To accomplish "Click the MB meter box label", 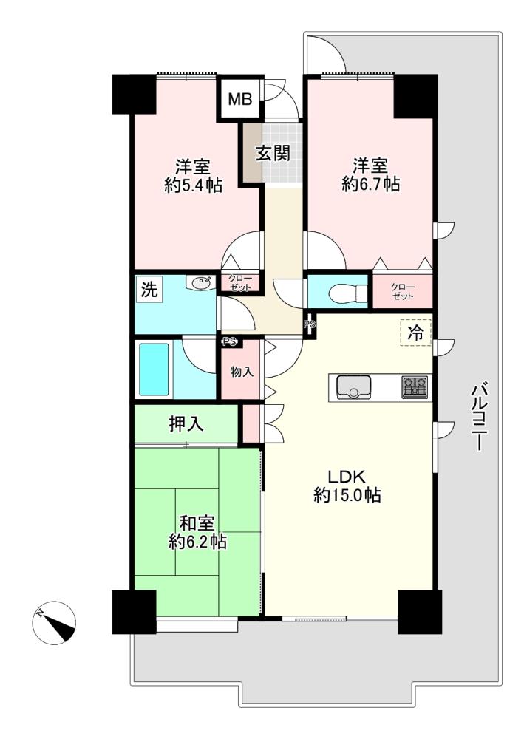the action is coord(240,99).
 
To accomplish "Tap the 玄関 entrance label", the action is coord(273,153).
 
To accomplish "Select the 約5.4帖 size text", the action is coord(193,185).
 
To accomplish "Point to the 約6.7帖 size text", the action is coord(371,183).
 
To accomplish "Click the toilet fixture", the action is coord(349,293).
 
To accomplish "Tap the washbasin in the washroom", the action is coord(200,283).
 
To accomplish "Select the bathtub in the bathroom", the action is coord(154,369).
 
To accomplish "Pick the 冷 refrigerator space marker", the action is coord(415,333).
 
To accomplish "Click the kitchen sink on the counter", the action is coord(354,387).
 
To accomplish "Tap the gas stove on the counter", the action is coord(415,387).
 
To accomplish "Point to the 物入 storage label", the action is coord(242,372).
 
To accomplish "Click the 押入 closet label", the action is coord(186,423).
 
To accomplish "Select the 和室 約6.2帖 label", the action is coord(197,533).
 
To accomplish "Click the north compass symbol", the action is coord(55,622).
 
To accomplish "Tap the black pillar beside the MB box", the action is coord(135,95).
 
